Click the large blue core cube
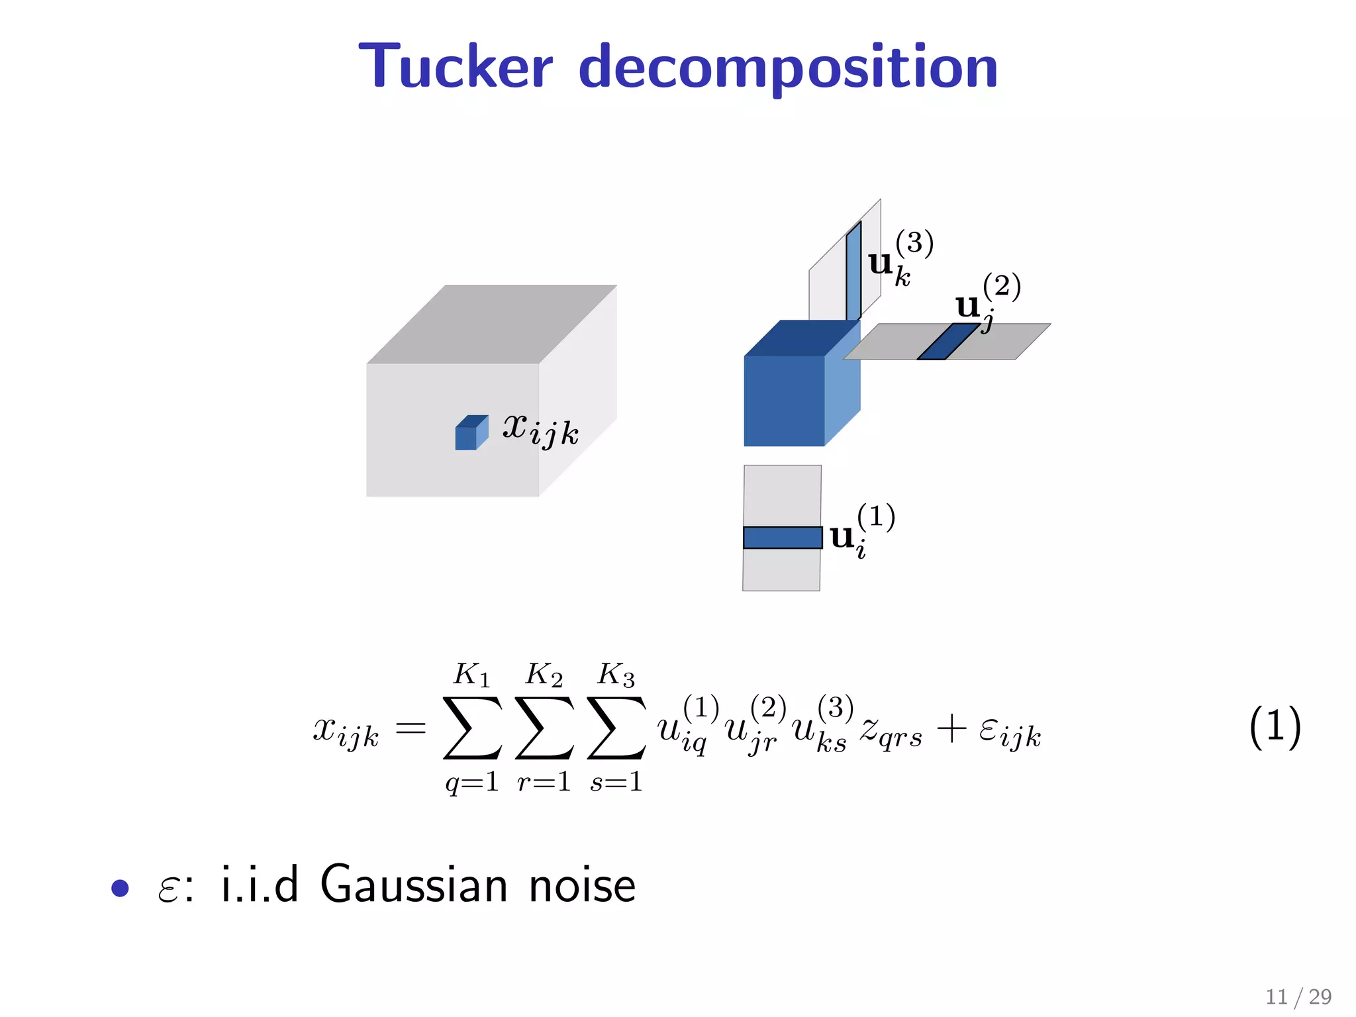pos(785,399)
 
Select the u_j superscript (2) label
pos(987,303)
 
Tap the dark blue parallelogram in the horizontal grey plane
pos(947,342)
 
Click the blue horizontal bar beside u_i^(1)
pos(782,538)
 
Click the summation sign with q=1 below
pos(472,728)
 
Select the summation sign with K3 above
pos(616,728)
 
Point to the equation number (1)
pos(1275,726)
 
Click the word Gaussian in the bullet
pos(414,885)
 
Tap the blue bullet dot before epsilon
pos(120,888)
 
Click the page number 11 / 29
pos(1298,996)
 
